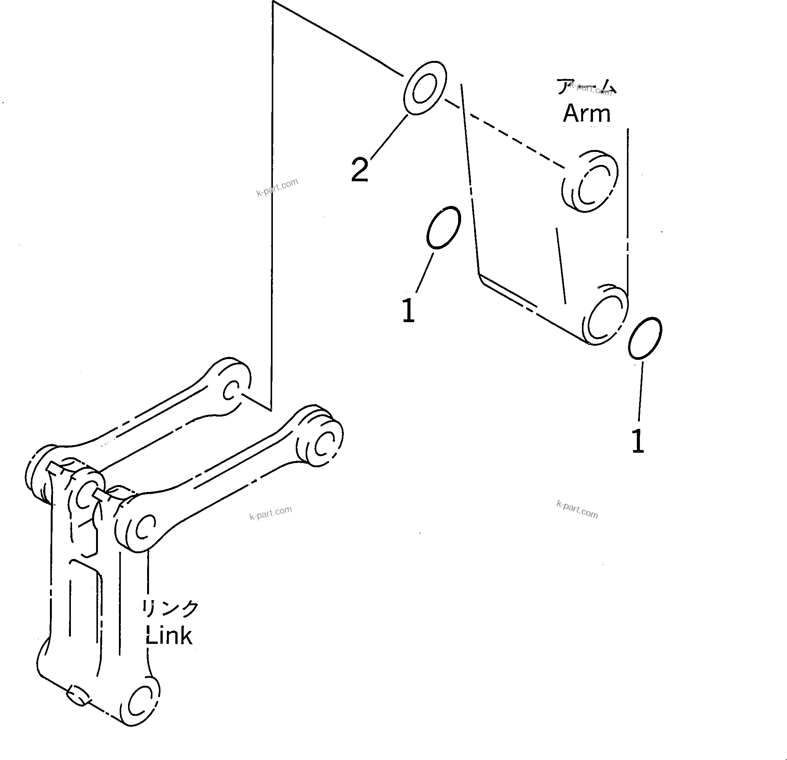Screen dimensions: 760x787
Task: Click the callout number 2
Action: pyautogui.click(x=359, y=170)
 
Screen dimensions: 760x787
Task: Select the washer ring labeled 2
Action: pyautogui.click(x=425, y=88)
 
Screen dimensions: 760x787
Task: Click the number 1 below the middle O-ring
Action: pyautogui.click(x=408, y=310)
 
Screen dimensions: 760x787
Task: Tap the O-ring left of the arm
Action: pyautogui.click(x=443, y=228)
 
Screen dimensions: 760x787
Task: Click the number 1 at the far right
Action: pyautogui.click(x=638, y=442)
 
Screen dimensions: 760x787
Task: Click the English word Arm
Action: pyautogui.click(x=587, y=113)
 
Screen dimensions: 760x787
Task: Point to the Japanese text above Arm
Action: pyautogui.click(x=586, y=86)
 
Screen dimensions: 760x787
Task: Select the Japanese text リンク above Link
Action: pyautogui.click(x=170, y=608)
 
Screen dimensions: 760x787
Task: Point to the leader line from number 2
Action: pyautogui.click(x=389, y=136)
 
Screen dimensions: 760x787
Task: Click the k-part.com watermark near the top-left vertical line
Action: pyautogui.click(x=277, y=187)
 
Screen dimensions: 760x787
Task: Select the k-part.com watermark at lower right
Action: pyautogui.click(x=577, y=509)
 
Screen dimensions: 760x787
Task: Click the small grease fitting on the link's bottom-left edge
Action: pyautogui.click(x=77, y=696)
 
